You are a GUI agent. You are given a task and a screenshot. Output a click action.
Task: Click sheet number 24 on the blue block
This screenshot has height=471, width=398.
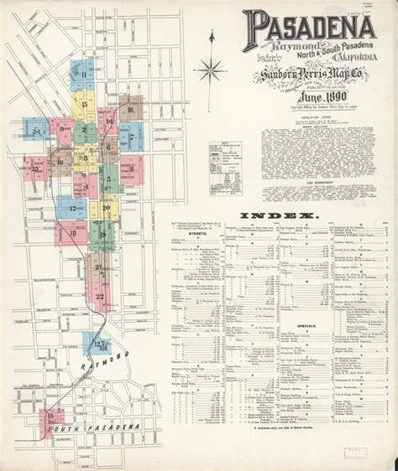36,132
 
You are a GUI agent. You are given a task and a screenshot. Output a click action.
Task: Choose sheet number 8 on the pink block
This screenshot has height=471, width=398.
131,168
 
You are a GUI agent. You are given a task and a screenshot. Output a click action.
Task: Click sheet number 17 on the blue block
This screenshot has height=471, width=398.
73,207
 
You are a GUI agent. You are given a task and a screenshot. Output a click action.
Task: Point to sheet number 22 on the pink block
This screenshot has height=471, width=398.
100,296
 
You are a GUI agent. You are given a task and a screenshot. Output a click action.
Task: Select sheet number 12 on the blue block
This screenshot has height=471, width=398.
98,344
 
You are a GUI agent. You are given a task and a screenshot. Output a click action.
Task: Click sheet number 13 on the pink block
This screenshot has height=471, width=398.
51,417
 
